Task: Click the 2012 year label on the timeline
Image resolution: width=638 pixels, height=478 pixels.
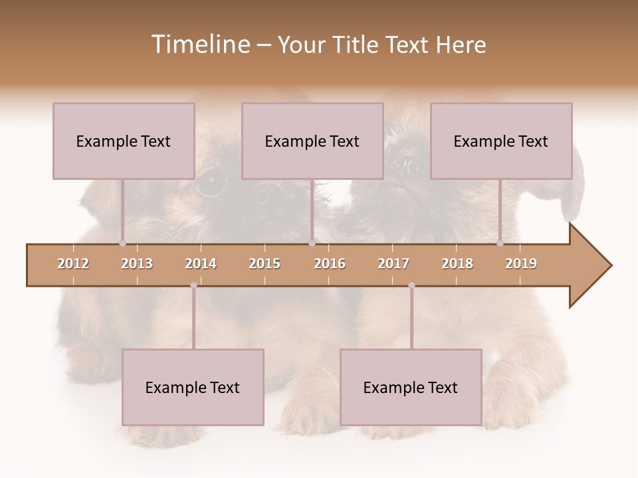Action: click(x=73, y=264)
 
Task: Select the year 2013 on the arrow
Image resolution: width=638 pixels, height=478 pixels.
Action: click(x=137, y=264)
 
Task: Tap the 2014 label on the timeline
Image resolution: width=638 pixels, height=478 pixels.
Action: click(x=201, y=264)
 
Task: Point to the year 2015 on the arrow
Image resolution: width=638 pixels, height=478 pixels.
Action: click(x=265, y=264)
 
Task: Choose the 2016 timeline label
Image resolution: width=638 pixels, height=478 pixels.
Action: click(x=330, y=264)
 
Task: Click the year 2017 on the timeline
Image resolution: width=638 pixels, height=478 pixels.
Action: click(x=393, y=264)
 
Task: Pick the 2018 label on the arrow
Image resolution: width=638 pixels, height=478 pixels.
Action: click(x=457, y=264)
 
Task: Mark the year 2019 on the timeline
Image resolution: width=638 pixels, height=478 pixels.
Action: click(x=521, y=264)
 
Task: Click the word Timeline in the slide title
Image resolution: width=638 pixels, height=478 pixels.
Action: click(x=199, y=44)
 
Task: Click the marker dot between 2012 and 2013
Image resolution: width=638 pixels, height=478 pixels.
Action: click(x=122, y=243)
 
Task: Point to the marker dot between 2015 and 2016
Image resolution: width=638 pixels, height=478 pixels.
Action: click(x=312, y=243)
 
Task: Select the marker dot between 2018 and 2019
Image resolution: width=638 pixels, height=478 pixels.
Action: click(x=500, y=243)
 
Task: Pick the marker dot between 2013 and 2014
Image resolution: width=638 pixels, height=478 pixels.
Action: click(x=193, y=285)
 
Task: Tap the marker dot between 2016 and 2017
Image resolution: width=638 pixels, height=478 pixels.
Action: click(x=411, y=285)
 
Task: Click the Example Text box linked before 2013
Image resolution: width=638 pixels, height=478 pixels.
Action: click(x=124, y=141)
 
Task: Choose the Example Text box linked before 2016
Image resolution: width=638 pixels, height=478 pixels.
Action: click(x=312, y=141)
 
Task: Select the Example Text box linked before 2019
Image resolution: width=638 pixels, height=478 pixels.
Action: click(x=501, y=141)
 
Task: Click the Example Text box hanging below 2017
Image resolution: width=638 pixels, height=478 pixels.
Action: click(x=411, y=387)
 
